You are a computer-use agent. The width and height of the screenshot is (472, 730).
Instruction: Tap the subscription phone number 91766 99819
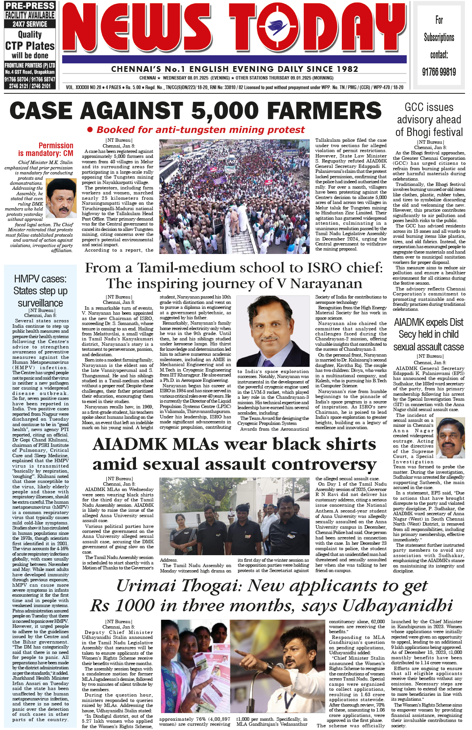click(439, 72)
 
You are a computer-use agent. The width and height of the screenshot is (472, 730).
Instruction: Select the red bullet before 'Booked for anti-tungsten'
click(90, 130)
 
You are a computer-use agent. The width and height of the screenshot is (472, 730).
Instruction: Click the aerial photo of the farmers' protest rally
click(234, 196)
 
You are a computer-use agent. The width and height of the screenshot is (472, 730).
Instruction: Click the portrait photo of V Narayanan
click(273, 332)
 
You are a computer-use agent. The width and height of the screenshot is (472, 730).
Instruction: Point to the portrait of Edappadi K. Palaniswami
click(450, 438)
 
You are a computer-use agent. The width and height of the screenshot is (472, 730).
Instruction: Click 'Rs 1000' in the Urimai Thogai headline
click(128, 606)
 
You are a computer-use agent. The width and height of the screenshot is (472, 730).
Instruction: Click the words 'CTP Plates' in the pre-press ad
click(30, 46)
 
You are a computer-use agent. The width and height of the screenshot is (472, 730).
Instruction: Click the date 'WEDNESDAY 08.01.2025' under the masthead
click(185, 78)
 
